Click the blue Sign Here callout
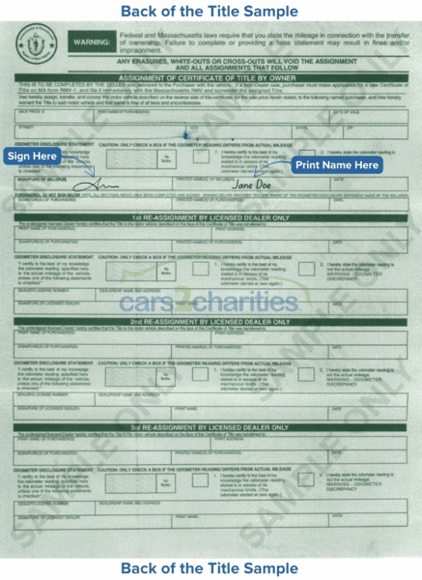click(33, 157)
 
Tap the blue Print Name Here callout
click(336, 165)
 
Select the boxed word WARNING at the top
click(92, 43)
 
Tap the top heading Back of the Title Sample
click(210, 12)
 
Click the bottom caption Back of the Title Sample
click(210, 567)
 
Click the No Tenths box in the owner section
click(165, 159)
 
